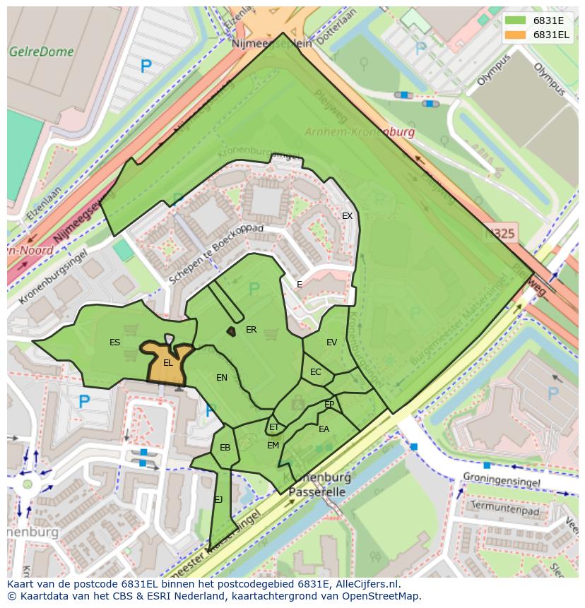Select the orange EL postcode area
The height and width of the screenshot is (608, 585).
click(x=167, y=364)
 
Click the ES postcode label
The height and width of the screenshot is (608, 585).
click(x=114, y=342)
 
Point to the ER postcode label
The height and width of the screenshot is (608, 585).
click(x=251, y=330)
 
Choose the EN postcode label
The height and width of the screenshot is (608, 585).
click(x=222, y=378)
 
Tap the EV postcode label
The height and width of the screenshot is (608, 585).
click(x=331, y=342)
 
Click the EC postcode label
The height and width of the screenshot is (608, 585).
click(x=315, y=372)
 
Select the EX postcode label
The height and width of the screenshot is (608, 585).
click(x=347, y=216)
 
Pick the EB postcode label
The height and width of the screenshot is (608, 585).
click(x=225, y=448)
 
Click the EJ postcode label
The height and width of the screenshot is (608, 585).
click(x=218, y=500)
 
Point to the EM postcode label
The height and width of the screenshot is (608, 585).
click(x=273, y=446)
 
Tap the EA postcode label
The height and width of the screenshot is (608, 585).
click(x=324, y=429)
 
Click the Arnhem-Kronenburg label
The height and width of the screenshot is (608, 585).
click(x=359, y=132)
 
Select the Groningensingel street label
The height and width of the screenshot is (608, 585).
click(x=502, y=482)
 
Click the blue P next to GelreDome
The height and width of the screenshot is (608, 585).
click(x=146, y=67)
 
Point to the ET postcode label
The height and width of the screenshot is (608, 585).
click(x=274, y=427)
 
